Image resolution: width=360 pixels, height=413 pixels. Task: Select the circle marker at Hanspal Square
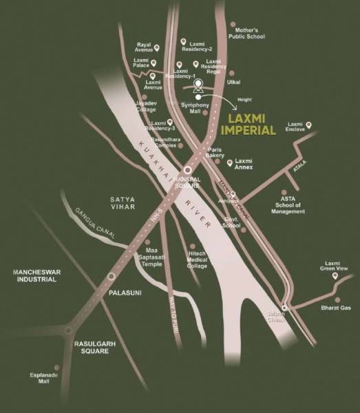187,170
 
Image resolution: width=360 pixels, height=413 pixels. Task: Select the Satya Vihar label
125,203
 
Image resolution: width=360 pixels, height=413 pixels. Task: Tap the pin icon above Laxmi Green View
334,275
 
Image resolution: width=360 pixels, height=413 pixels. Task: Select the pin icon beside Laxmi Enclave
308,125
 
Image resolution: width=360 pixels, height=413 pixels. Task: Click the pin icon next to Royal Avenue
157,48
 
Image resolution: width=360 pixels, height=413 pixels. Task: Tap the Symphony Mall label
195,107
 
